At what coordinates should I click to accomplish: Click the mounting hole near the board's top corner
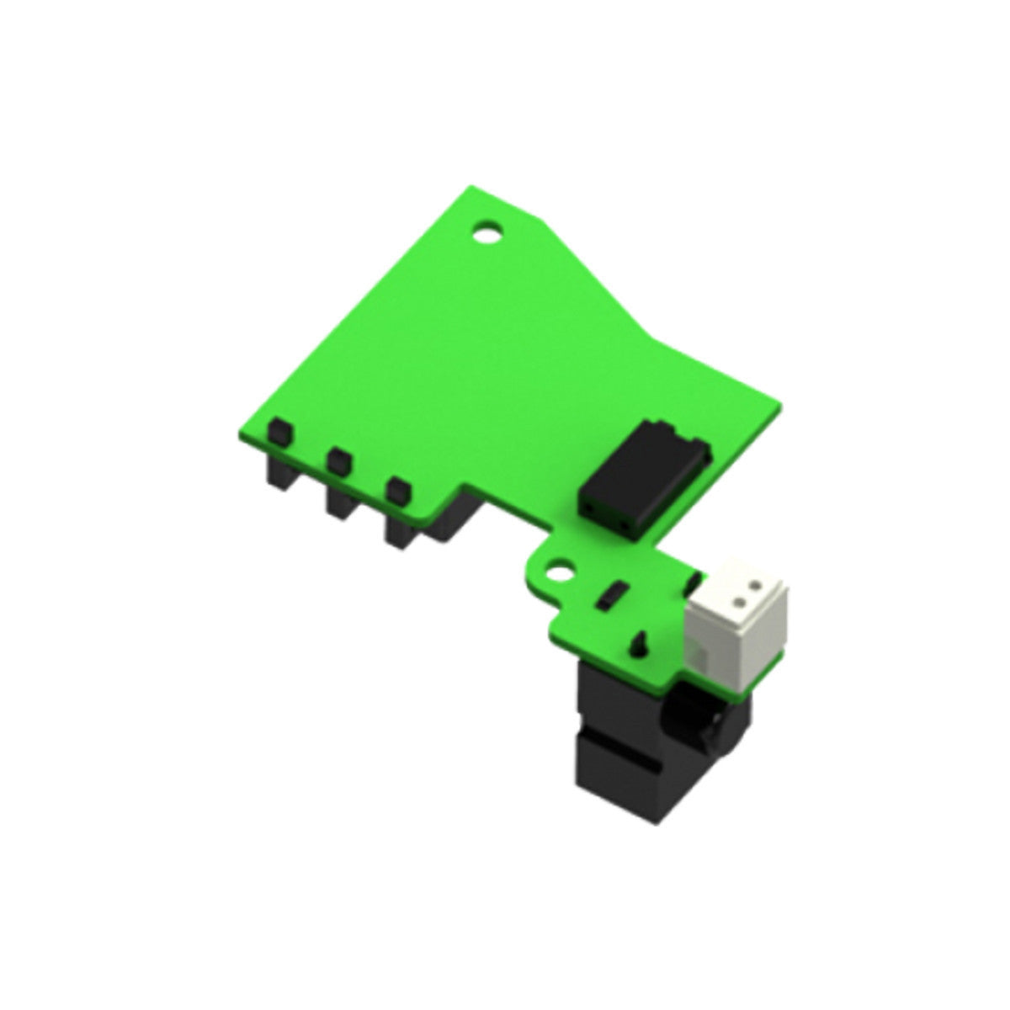[x=486, y=231]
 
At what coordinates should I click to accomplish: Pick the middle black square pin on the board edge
[x=338, y=460]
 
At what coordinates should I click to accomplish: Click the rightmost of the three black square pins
[x=397, y=489]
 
